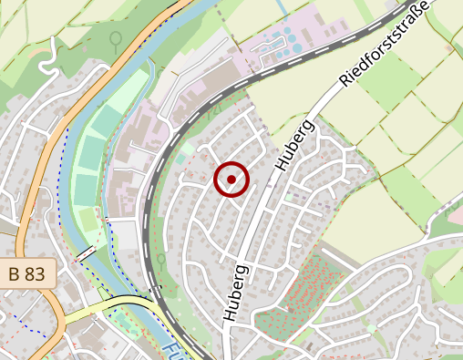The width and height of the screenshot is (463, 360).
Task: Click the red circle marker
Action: click(x=231, y=180)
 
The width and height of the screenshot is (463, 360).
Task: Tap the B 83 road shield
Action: click(x=27, y=273)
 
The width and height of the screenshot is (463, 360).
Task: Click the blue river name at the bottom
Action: click(x=174, y=350)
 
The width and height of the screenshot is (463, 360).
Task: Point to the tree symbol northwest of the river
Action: click(x=116, y=39)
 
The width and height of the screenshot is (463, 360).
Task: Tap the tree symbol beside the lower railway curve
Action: click(x=159, y=260)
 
